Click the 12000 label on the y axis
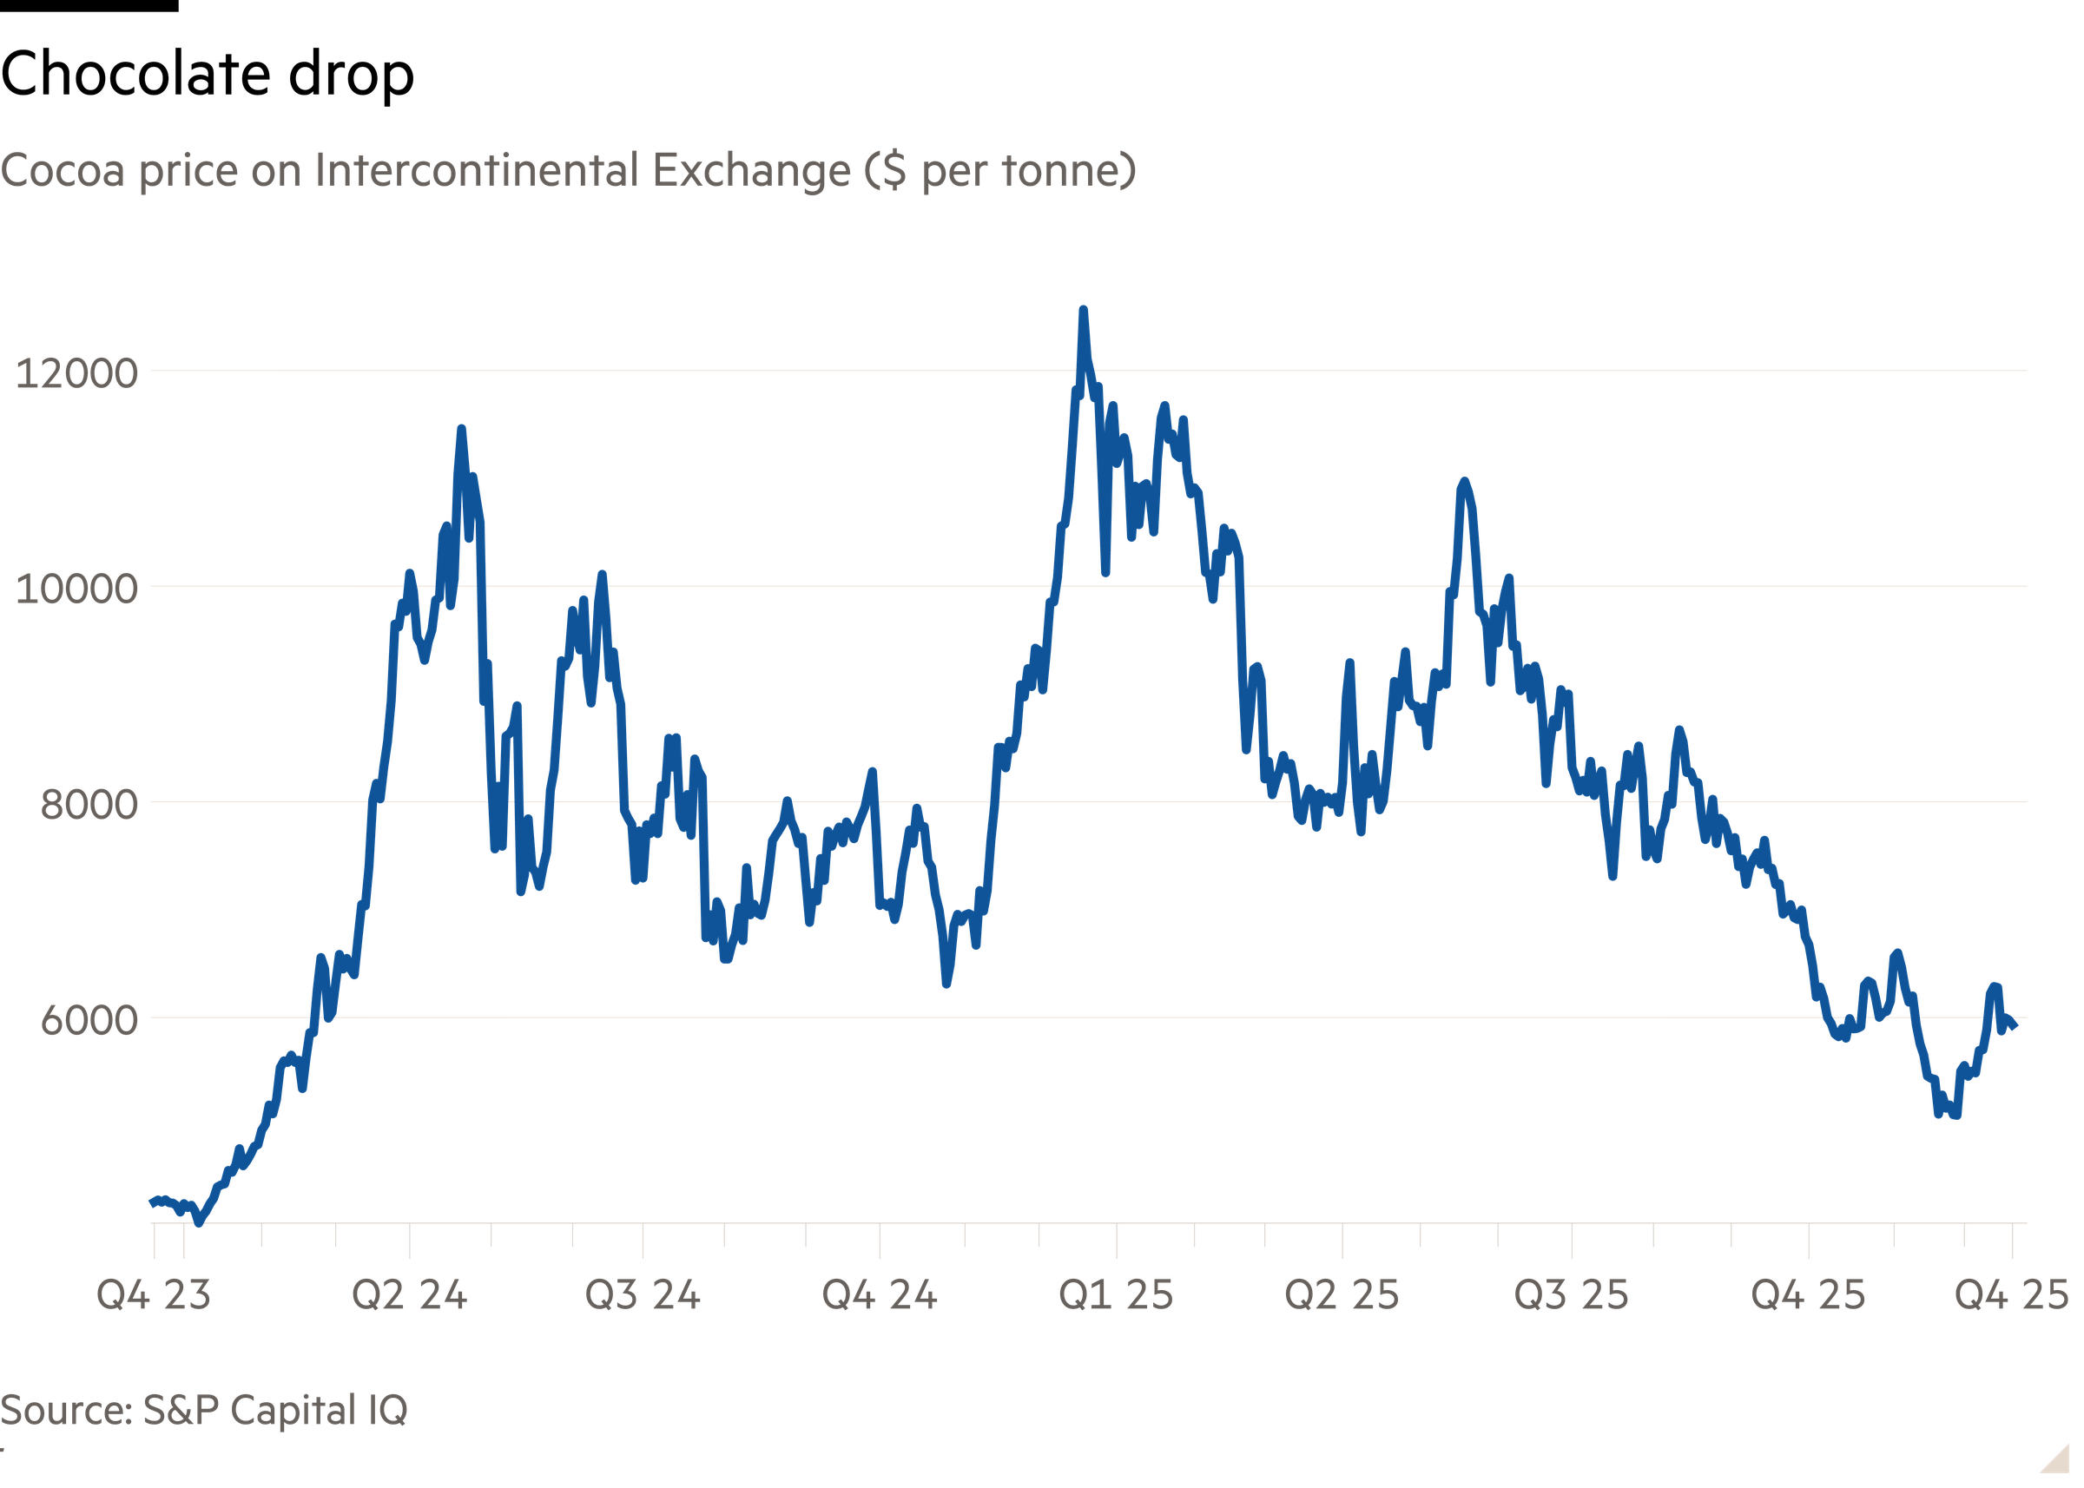(76, 374)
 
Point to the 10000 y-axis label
(76, 589)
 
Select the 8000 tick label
(88, 805)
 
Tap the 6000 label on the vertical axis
(88, 1020)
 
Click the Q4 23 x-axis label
(153, 1294)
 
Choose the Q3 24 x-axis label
(643, 1294)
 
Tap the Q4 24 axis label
(880, 1294)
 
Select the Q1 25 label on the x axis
(1115, 1294)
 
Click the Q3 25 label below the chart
(1571, 1294)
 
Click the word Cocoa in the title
(63, 171)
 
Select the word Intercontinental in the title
(476, 170)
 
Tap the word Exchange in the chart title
(751, 171)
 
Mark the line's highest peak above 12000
(1083, 311)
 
